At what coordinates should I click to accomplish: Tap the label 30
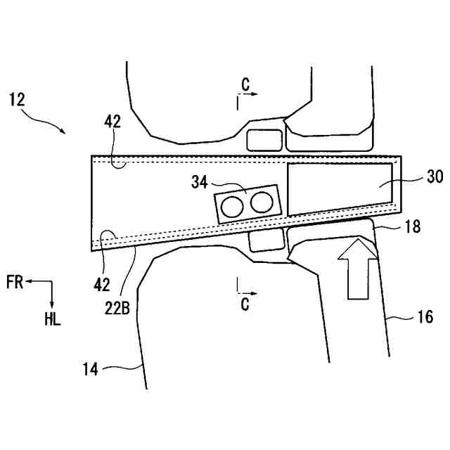click(415, 179)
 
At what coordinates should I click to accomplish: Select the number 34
click(199, 183)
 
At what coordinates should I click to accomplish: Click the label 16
click(424, 316)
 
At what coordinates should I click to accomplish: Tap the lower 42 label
click(103, 283)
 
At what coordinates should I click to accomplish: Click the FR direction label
click(14, 282)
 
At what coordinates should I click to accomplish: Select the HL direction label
click(52, 320)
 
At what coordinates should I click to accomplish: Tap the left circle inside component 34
click(231, 206)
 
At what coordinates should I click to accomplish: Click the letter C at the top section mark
click(244, 83)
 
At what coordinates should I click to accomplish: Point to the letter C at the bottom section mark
click(243, 304)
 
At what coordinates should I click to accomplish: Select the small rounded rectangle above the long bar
click(264, 139)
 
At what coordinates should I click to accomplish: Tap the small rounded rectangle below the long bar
click(265, 241)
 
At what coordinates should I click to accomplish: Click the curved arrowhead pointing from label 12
click(64, 131)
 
